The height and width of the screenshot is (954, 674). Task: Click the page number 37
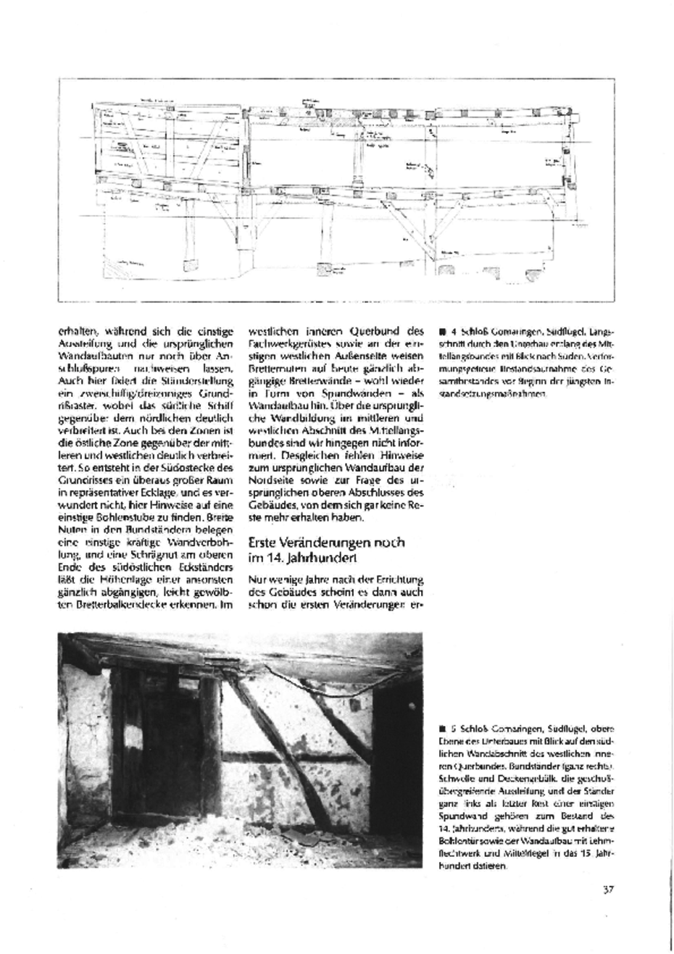[608, 889]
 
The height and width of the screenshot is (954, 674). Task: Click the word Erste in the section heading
[263, 542]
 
